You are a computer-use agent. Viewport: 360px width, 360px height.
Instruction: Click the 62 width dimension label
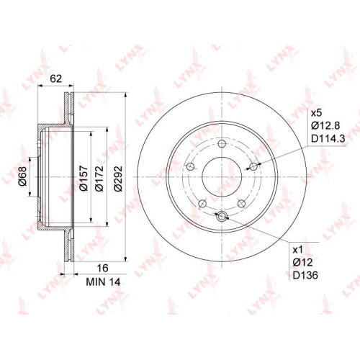(55, 78)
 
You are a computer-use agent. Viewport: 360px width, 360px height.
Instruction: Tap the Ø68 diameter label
(23, 176)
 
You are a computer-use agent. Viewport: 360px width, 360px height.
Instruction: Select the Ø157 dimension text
(84, 178)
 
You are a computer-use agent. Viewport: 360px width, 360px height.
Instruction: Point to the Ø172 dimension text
(99, 178)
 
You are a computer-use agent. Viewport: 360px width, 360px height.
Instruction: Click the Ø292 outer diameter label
(118, 178)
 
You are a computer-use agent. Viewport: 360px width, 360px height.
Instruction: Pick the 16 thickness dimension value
(102, 268)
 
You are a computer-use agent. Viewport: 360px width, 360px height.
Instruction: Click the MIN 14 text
(103, 282)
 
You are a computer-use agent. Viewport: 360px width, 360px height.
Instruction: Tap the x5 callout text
(317, 113)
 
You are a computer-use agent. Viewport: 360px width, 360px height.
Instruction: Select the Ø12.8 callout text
(325, 125)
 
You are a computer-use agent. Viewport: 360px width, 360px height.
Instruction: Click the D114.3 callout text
(328, 138)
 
